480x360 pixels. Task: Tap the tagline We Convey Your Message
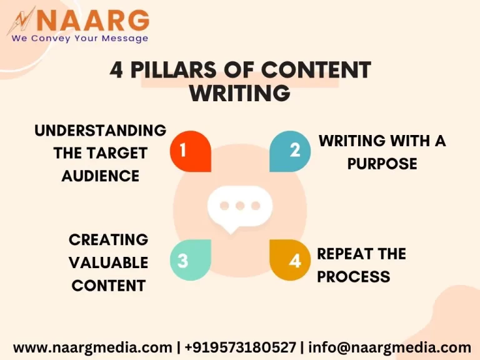[x=79, y=38]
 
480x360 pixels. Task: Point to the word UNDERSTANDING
[x=100, y=130]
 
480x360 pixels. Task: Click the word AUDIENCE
[x=100, y=176]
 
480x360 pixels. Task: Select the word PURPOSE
[x=382, y=164]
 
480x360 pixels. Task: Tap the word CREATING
[x=108, y=239]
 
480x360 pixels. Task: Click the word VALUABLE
[x=108, y=262]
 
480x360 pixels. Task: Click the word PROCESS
[x=353, y=276]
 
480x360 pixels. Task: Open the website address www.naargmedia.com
[x=92, y=347]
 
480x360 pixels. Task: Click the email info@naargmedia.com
[x=389, y=347]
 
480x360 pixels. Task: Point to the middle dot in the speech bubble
[x=240, y=206]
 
